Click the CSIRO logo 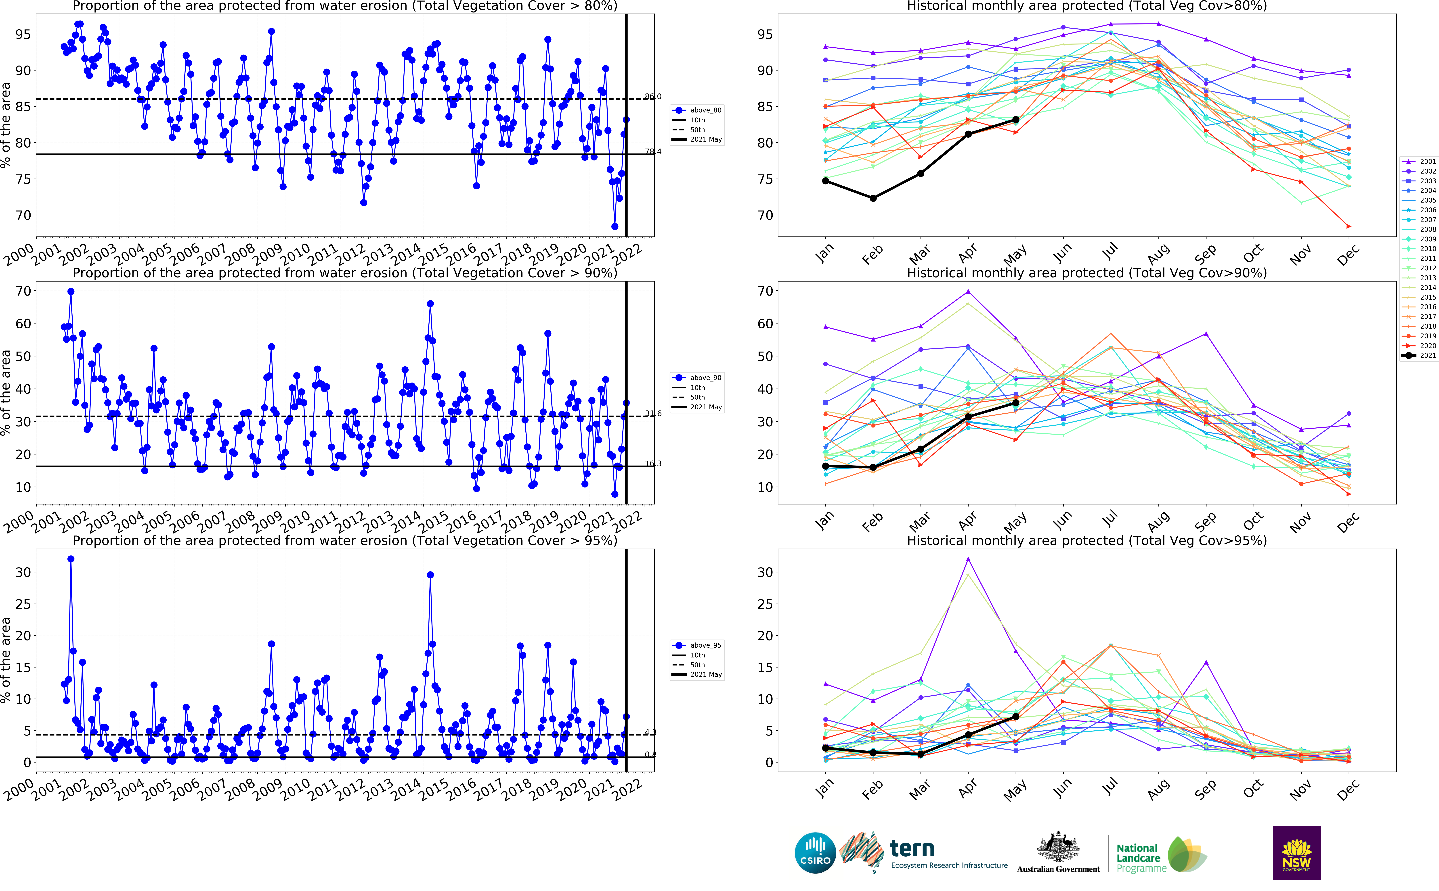click(x=815, y=853)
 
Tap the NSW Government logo click(x=1296, y=853)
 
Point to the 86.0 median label click(x=653, y=96)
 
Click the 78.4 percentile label click(x=653, y=151)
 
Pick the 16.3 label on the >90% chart click(x=653, y=463)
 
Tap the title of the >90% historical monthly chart click(x=1086, y=273)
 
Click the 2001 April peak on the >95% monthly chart click(x=968, y=559)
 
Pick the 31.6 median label click(x=653, y=413)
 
